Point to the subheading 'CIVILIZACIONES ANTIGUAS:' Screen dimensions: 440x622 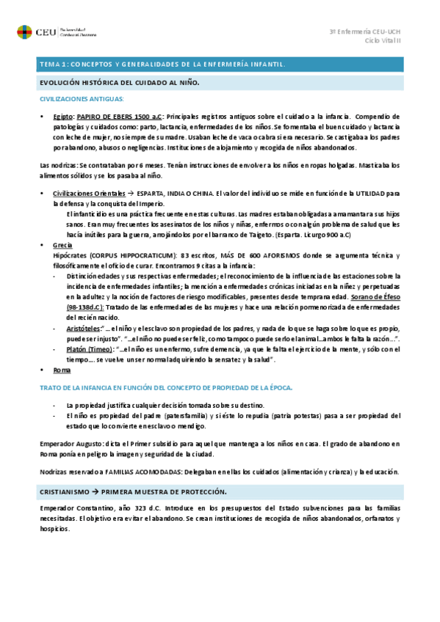click(x=82, y=98)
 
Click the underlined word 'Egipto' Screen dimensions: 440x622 click(x=63, y=117)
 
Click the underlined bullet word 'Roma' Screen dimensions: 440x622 click(x=62, y=370)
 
